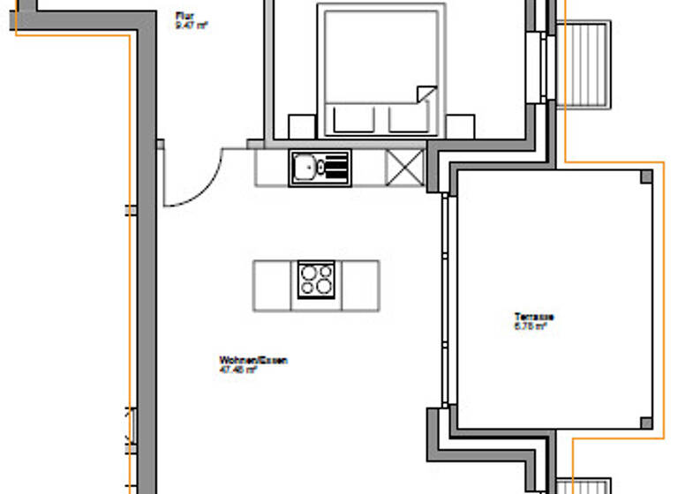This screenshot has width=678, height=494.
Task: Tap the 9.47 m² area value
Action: coord(191,25)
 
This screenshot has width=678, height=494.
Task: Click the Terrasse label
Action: coord(533,317)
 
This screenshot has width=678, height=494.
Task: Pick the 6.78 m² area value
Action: coord(531,326)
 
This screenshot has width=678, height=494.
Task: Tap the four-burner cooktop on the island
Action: coord(316,281)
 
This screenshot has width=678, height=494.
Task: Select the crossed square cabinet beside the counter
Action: coord(405,167)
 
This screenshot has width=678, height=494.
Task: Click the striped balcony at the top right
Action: coord(584,64)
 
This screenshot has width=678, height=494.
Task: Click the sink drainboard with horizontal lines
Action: coord(336,166)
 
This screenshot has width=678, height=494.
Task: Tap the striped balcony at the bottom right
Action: coord(584,486)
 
